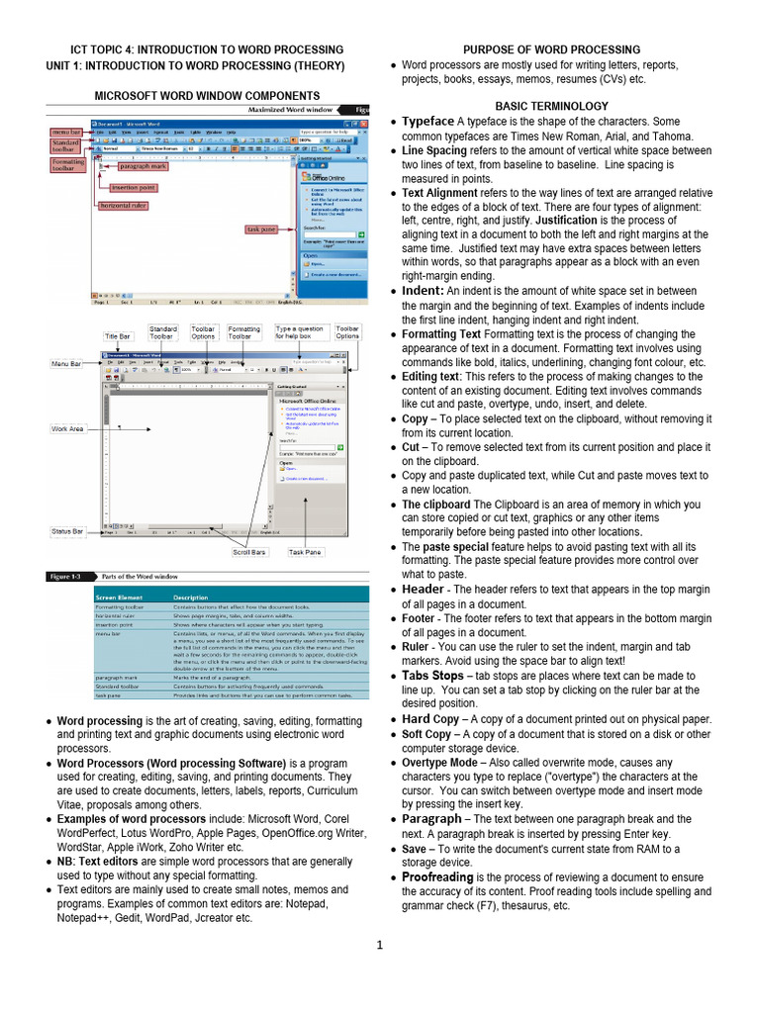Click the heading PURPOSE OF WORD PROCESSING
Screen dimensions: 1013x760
click(551, 49)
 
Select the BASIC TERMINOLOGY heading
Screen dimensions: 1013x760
click(551, 106)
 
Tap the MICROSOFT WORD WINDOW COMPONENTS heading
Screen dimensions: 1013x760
click(207, 95)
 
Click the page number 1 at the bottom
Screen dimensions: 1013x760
click(379, 945)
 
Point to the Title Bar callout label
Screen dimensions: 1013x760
click(118, 336)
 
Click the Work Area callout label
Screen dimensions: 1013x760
click(68, 428)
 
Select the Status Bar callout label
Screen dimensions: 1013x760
click(67, 532)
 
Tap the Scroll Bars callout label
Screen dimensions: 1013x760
click(249, 552)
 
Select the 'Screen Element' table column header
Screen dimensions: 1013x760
click(118, 598)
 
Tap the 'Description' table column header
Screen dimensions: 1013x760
click(191, 598)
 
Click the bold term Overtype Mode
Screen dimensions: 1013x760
click(443, 763)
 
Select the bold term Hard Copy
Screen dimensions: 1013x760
click(430, 718)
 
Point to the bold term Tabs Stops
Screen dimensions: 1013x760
click(432, 675)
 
